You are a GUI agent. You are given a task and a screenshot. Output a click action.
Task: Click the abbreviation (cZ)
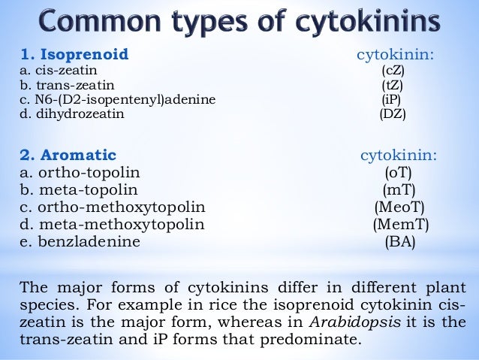[393, 70]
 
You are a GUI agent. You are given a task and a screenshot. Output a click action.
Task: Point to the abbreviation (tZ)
[393, 85]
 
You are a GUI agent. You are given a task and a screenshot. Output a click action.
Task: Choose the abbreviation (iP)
[393, 100]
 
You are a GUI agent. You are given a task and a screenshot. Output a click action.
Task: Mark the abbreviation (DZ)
[393, 115]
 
